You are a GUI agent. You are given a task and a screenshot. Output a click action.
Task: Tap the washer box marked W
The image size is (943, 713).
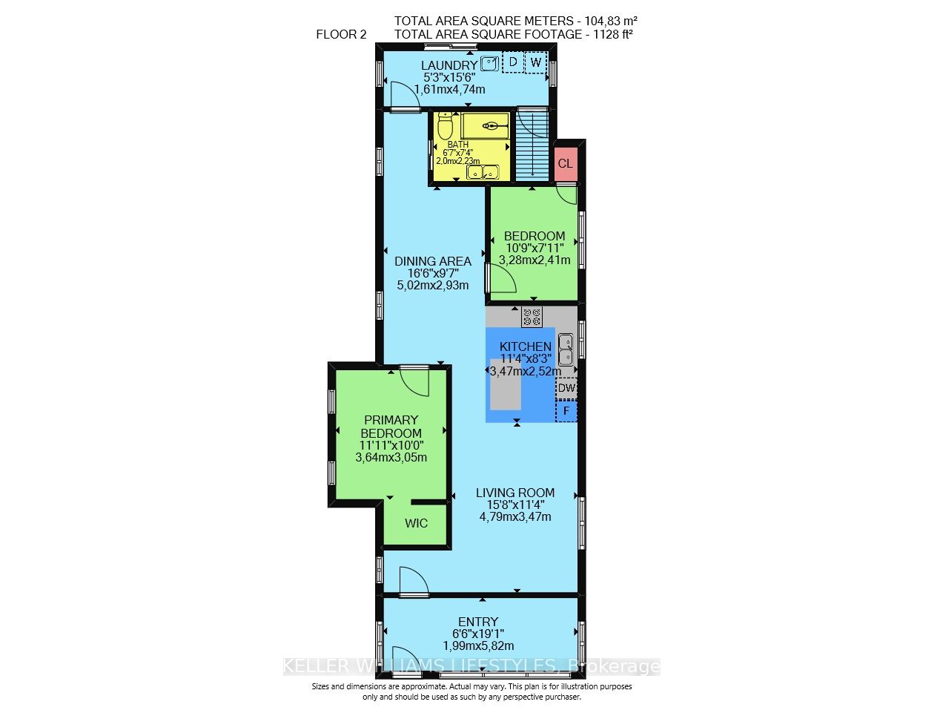point(535,62)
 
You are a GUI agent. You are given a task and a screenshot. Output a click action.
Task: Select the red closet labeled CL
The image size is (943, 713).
point(566,163)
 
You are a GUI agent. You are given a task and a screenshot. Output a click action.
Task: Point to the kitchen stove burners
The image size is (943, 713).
point(532,317)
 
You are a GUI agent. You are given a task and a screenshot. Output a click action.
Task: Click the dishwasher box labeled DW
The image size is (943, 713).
point(566,388)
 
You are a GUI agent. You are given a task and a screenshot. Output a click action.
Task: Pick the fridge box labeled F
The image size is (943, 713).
point(566,410)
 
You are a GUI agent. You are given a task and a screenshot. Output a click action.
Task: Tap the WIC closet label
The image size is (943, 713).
point(416,523)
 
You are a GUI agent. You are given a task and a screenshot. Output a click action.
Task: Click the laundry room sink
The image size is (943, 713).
point(489,63)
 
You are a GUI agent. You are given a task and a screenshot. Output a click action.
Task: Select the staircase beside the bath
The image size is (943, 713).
point(531,145)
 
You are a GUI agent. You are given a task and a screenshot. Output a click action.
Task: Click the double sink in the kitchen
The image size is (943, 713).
point(566,349)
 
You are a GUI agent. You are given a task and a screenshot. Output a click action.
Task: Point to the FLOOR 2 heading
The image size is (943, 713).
point(341,33)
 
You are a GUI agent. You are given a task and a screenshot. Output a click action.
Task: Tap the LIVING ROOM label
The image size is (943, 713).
point(515,493)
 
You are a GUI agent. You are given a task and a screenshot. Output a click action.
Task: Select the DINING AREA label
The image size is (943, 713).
point(432,260)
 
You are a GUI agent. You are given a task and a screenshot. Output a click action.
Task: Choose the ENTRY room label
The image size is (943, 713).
point(478,622)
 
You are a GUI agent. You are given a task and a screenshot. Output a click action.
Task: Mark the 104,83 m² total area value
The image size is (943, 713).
point(612,21)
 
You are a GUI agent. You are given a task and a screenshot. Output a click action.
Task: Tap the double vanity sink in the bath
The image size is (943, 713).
point(482,173)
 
